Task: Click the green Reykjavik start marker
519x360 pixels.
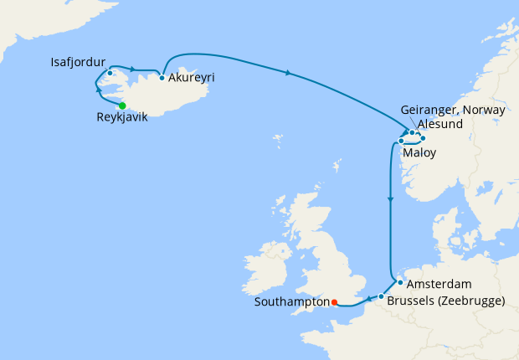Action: [122, 105]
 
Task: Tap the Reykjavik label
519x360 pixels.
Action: [122, 119]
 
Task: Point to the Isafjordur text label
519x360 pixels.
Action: [80, 61]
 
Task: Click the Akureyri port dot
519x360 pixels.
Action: [162, 78]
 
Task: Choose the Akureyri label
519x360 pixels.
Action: [192, 78]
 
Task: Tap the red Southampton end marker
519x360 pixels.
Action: [334, 302]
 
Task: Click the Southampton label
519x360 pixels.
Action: [291, 302]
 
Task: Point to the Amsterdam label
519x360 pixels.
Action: [440, 284]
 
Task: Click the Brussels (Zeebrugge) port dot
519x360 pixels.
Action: [381, 297]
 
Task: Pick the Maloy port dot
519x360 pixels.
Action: [402, 141]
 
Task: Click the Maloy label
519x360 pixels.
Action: [419, 153]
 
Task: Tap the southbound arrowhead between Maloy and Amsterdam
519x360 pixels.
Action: [390, 200]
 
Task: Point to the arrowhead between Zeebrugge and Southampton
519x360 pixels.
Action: [367, 300]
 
